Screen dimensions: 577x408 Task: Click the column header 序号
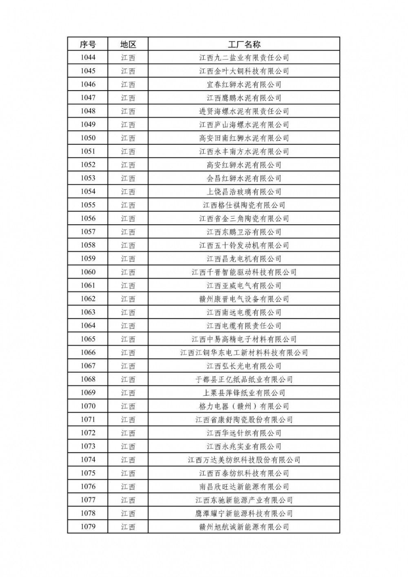(88, 44)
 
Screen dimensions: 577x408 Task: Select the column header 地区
(128, 44)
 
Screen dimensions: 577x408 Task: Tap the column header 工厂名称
(244, 44)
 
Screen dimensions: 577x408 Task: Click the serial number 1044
(88, 57)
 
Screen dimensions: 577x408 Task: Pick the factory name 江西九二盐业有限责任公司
(244, 57)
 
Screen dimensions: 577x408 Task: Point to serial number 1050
(88, 138)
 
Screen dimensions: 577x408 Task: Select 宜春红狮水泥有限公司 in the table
(244, 84)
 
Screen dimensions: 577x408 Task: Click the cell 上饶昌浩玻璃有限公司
(244, 192)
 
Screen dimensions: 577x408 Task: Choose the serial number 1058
(88, 245)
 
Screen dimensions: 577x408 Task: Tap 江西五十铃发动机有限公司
(244, 245)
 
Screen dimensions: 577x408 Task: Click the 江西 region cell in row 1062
(128, 299)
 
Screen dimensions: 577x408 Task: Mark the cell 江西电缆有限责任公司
(244, 326)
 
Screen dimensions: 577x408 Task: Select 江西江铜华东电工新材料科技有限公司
(244, 353)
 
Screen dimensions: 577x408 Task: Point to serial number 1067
(88, 366)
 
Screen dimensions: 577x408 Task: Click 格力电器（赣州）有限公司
(244, 406)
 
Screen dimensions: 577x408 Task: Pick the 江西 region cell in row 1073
(128, 447)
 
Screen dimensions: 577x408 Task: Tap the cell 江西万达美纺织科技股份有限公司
(244, 460)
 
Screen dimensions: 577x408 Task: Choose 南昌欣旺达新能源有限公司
(244, 486)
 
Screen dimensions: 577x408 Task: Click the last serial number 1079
(88, 527)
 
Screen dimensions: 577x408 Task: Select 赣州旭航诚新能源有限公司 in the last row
(244, 527)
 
